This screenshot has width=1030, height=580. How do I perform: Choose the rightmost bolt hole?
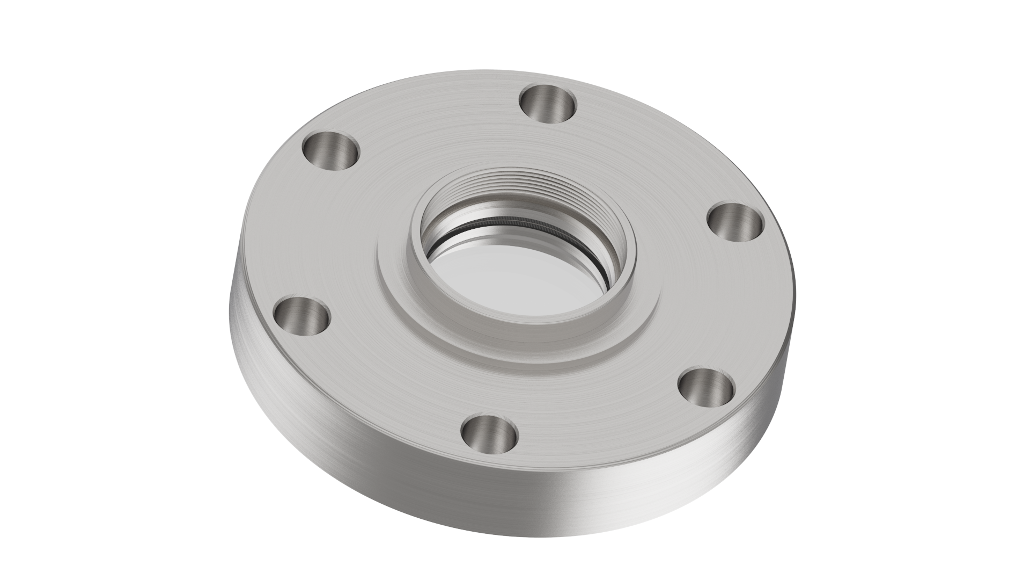coord(735,223)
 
